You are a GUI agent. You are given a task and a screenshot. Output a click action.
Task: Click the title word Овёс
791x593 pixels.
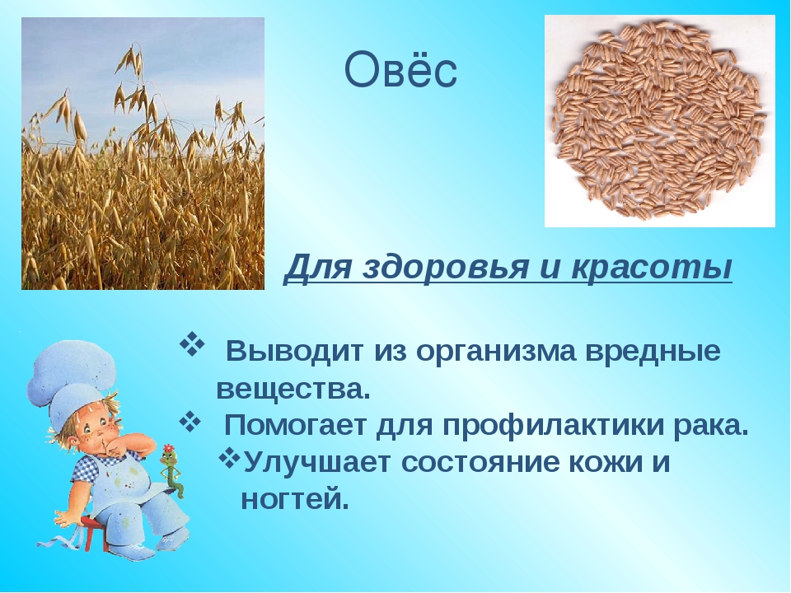[x=400, y=72]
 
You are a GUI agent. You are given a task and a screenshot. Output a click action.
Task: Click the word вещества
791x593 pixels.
[x=293, y=388]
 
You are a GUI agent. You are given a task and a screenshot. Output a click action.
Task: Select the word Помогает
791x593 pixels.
[x=298, y=425]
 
